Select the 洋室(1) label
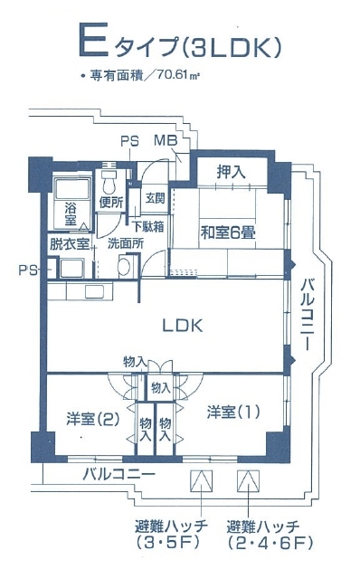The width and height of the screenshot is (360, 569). [x=232, y=413]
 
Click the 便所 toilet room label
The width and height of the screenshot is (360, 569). [x=112, y=202]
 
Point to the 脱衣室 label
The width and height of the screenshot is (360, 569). [x=70, y=243]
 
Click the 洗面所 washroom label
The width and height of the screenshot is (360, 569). [x=125, y=243]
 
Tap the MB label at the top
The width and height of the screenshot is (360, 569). [x=165, y=140]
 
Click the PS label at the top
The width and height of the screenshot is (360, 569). [x=129, y=140]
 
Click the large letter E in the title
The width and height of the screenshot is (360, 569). [x=90, y=41]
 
